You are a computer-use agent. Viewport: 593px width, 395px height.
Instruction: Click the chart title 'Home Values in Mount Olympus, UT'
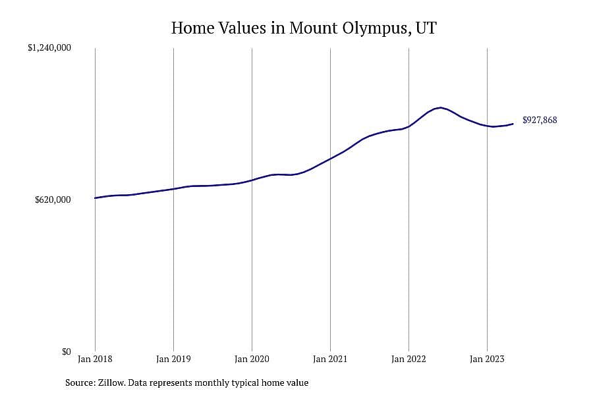[304, 28]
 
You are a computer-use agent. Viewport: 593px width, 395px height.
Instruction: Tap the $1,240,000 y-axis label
[49, 47]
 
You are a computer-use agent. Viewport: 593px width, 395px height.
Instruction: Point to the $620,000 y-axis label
[53, 199]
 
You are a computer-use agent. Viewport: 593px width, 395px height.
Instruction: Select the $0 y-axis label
[67, 352]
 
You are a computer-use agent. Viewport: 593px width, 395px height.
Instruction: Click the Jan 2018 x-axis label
[95, 359]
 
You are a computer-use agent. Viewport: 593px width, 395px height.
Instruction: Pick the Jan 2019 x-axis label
[173, 359]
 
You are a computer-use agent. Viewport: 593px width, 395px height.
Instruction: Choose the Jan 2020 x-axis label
[252, 359]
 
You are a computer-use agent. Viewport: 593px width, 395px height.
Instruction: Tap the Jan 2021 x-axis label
[330, 359]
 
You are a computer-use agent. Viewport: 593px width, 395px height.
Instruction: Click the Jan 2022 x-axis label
[409, 359]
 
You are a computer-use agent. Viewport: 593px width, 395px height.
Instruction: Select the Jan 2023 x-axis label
[487, 359]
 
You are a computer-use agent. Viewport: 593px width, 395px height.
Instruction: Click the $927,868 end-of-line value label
[540, 120]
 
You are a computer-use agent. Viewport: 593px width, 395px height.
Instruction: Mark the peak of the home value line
[440, 108]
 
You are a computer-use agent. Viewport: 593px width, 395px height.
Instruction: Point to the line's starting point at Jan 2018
[95, 197]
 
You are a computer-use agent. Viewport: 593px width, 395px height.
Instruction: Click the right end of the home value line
[513, 124]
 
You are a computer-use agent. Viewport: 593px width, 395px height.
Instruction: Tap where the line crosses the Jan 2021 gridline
[330, 159]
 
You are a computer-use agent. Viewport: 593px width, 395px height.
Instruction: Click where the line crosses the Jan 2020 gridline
[252, 180]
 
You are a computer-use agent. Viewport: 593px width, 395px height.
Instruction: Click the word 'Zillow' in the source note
[111, 382]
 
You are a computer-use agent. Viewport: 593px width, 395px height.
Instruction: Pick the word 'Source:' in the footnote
[80, 382]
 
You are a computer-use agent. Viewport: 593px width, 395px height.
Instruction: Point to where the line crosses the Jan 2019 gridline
[173, 189]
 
